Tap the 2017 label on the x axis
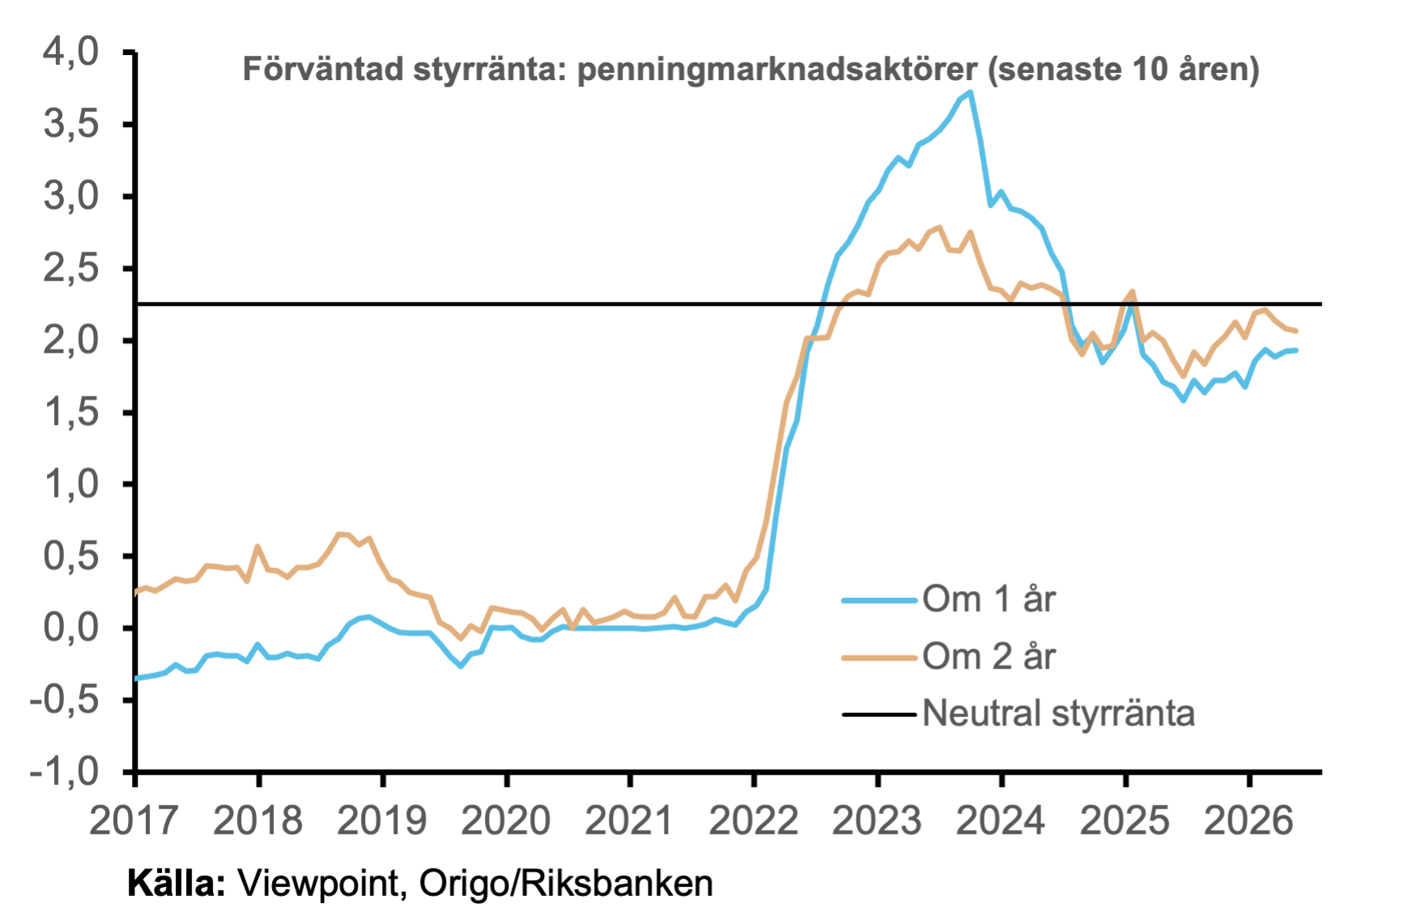click(x=134, y=821)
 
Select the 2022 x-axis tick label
click(x=754, y=821)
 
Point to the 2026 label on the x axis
click(x=1249, y=821)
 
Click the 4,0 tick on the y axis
click(x=71, y=53)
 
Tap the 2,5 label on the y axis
click(x=71, y=269)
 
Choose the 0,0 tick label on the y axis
click(x=71, y=628)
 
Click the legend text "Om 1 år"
click(x=989, y=600)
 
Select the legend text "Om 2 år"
click(x=989, y=656)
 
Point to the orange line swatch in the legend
click(x=879, y=657)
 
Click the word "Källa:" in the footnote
click(x=177, y=883)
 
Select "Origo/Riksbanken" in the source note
click(x=566, y=884)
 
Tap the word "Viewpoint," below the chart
click(x=322, y=884)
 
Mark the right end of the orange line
click(x=1296, y=331)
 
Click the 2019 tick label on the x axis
click(x=381, y=821)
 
